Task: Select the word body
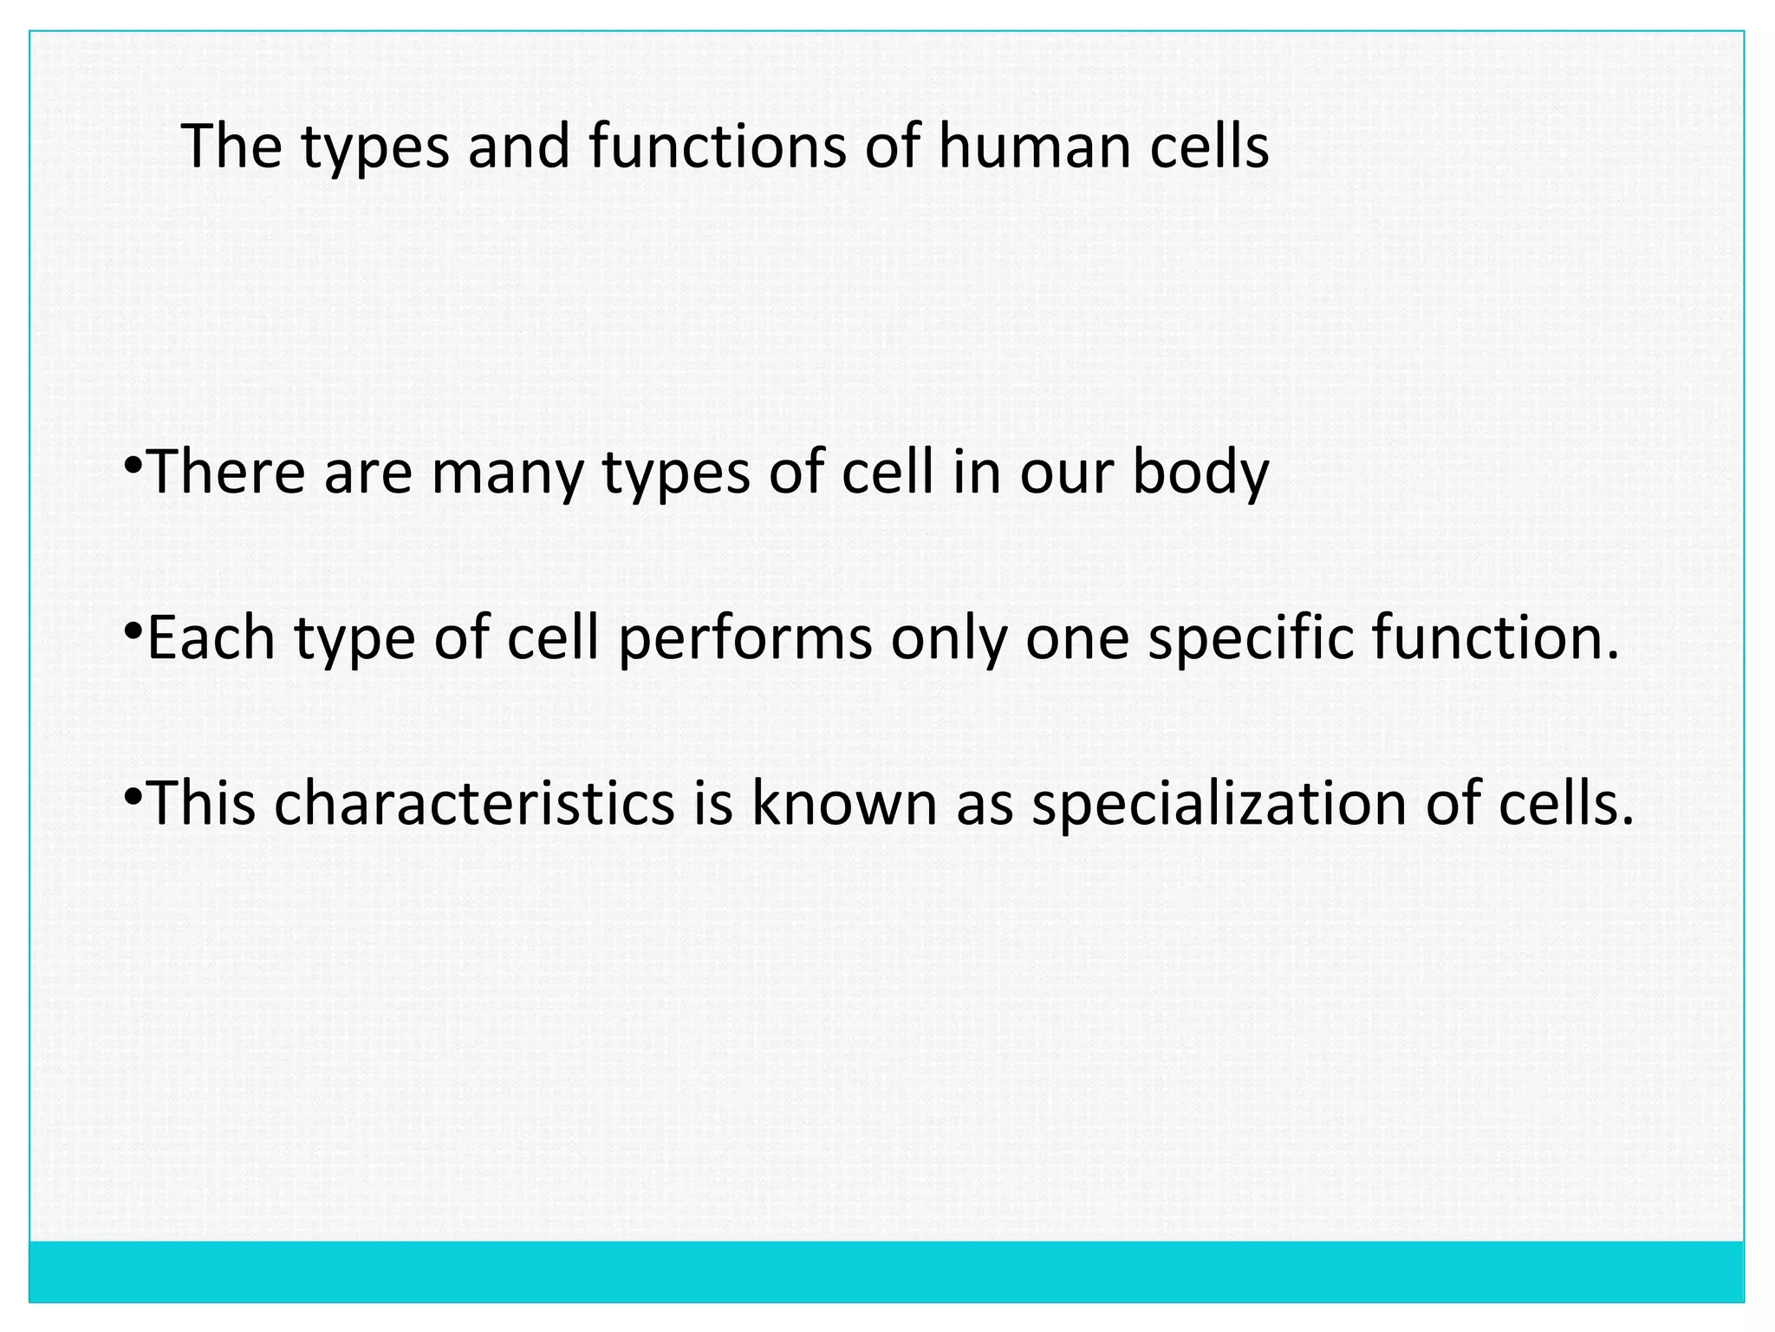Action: [x=1200, y=473]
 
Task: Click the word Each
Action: [x=211, y=637]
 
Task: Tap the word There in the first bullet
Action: [x=228, y=473]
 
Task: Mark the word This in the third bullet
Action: [x=203, y=803]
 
